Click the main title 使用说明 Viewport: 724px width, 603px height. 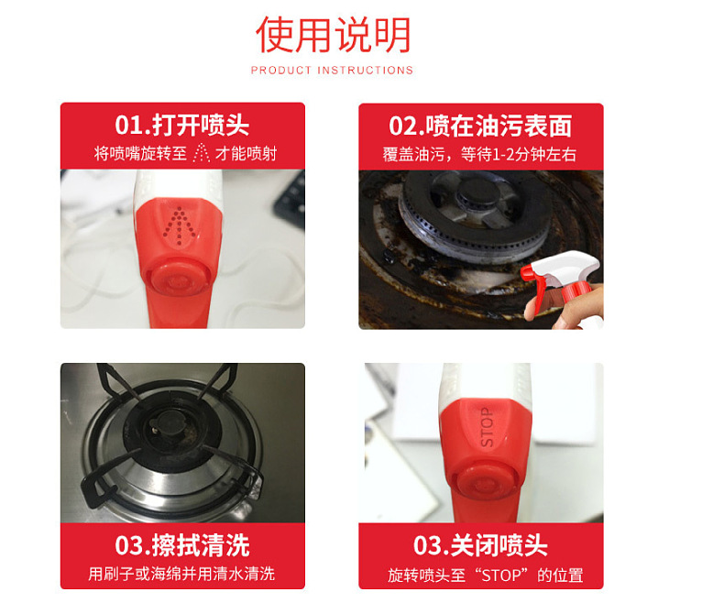click(x=333, y=35)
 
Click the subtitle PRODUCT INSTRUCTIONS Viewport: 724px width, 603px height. click(x=332, y=71)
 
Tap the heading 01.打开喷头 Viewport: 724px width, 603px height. click(x=182, y=125)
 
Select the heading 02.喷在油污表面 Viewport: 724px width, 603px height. click(x=480, y=126)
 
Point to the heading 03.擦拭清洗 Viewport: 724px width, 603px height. click(x=182, y=546)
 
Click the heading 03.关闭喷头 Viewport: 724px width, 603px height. click(x=480, y=546)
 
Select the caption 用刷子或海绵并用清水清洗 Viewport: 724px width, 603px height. click(x=182, y=575)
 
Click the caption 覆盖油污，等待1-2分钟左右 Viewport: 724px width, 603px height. click(x=480, y=154)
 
